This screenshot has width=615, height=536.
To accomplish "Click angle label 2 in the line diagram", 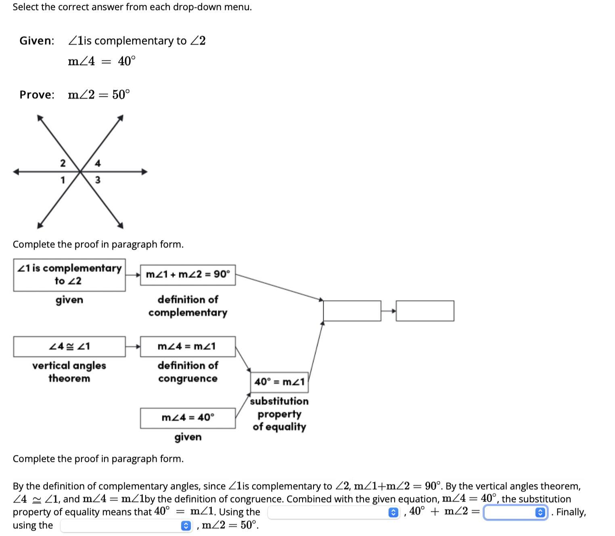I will pos(63,163).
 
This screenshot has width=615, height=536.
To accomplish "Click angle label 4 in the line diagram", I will pos(98,163).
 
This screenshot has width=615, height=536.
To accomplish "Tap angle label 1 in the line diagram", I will pos(63,180).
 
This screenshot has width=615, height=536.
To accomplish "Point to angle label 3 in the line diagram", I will pos(98,180).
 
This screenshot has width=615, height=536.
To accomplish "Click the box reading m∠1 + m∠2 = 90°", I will pos(188,275).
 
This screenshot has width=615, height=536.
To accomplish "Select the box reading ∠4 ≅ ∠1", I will pos(69,347).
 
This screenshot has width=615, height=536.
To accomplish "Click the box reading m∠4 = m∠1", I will pos(188,347).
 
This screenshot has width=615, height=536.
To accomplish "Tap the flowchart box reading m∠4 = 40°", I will pos(188,418).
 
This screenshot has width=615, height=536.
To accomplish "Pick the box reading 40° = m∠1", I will pos(279,382).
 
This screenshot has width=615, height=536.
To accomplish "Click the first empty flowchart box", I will pos(352,311).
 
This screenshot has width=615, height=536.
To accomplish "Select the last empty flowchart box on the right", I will pos(425,311).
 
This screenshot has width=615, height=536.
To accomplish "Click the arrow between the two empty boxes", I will pos(389,311).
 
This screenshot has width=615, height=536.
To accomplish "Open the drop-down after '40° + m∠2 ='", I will pos(515,512).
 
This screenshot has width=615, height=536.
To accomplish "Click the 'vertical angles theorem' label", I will pos(69,372).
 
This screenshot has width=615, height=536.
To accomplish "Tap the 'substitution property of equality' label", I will pos(279,414).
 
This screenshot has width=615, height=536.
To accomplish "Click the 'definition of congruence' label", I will pos(188,372).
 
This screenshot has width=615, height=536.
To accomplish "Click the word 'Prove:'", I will pos(37,95).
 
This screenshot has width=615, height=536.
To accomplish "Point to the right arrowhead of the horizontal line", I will pos(144,172).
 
